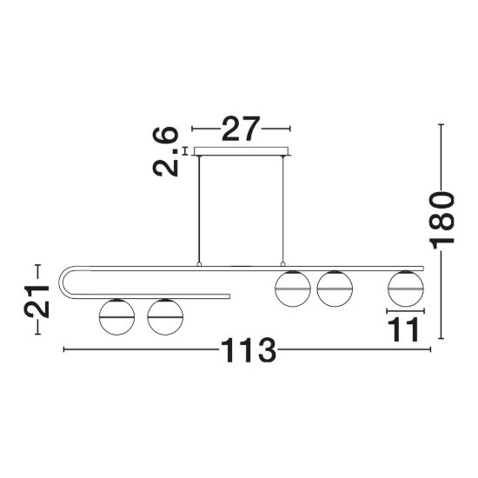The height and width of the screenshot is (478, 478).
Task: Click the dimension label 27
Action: click(241, 129)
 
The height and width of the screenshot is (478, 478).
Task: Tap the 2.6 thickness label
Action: click(165, 151)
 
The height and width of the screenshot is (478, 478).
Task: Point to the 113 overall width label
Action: click(249, 350)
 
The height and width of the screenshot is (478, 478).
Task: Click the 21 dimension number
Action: click(37, 302)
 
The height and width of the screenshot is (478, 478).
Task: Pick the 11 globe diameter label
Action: click(403, 329)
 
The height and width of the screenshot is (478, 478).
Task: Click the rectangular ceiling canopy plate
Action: click(241, 151)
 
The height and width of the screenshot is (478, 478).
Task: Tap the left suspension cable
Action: click(199, 209)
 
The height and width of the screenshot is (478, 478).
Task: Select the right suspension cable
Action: click(283, 209)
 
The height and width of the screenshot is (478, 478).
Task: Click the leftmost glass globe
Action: click(116, 317)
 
